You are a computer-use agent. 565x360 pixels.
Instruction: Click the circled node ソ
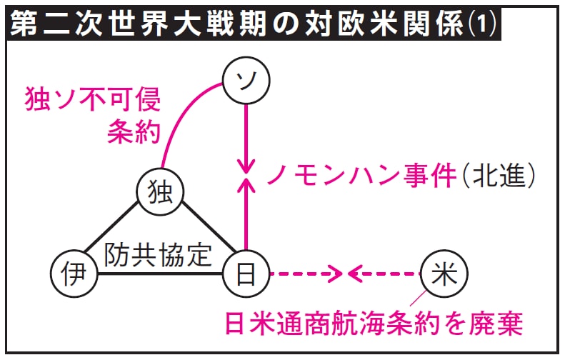point(246,81)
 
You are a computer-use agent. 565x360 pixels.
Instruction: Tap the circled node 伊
point(73,274)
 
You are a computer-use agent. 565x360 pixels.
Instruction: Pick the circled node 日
point(246,274)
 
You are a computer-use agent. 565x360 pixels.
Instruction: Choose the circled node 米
point(444,274)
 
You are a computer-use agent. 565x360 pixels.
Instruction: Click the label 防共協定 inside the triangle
point(159,254)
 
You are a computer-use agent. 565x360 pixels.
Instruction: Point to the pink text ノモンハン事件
point(361,175)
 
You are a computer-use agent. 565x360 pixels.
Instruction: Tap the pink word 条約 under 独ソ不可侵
point(134,130)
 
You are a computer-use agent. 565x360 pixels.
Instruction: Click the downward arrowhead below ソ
point(246,166)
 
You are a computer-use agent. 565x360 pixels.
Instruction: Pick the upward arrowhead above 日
point(246,184)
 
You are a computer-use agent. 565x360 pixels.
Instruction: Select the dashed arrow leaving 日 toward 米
point(304,273)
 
